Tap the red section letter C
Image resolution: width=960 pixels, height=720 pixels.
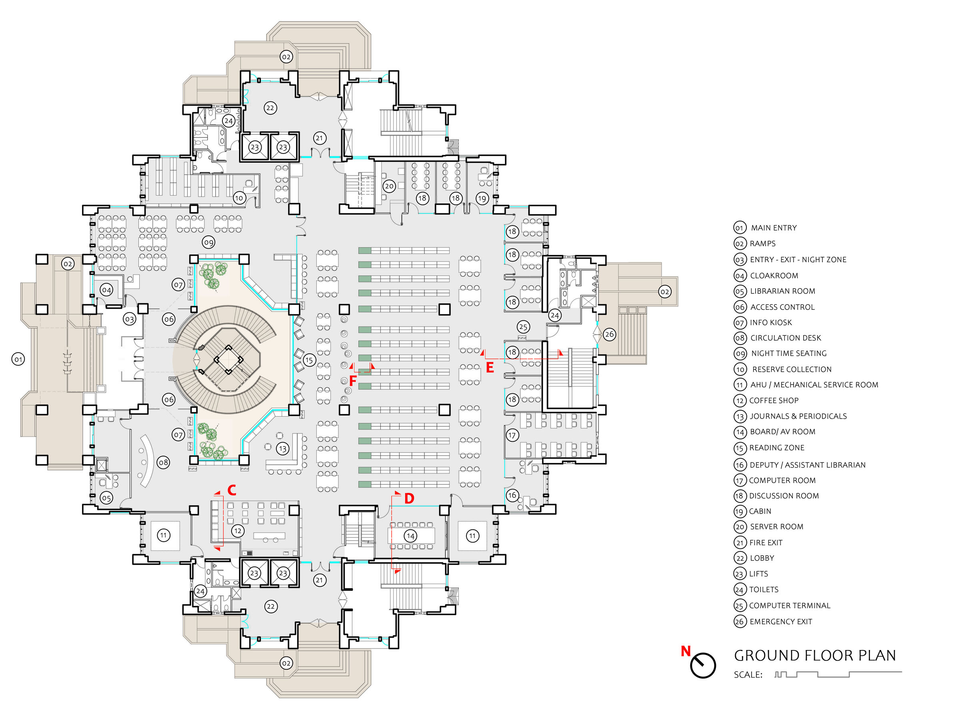tap(232, 490)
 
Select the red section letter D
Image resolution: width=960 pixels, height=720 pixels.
tap(409, 499)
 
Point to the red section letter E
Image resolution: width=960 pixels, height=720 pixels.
tap(490, 368)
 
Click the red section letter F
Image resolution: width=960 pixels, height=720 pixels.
tap(353, 381)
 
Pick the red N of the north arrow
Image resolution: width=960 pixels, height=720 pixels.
tap(685, 651)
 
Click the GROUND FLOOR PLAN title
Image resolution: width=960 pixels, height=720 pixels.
tap(815, 655)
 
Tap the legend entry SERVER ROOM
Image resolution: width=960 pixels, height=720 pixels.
tap(776, 527)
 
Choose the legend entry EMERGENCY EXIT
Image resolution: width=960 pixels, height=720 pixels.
tap(780, 622)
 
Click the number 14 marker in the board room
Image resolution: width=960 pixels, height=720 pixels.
tap(410, 536)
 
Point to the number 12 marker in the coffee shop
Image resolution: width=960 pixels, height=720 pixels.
tap(237, 531)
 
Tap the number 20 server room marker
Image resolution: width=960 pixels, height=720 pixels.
tap(389, 186)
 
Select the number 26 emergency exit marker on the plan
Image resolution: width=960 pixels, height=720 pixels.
tap(609, 334)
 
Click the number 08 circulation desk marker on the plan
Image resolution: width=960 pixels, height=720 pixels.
tap(163, 463)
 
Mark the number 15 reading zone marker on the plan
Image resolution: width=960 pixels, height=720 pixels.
tap(309, 360)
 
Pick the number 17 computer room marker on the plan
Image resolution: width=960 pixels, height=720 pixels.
tap(512, 435)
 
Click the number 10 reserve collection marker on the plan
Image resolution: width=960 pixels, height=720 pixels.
tap(239, 198)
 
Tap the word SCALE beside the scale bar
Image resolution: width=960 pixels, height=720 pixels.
tap(748, 674)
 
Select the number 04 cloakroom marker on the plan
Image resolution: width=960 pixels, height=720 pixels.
tap(106, 290)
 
